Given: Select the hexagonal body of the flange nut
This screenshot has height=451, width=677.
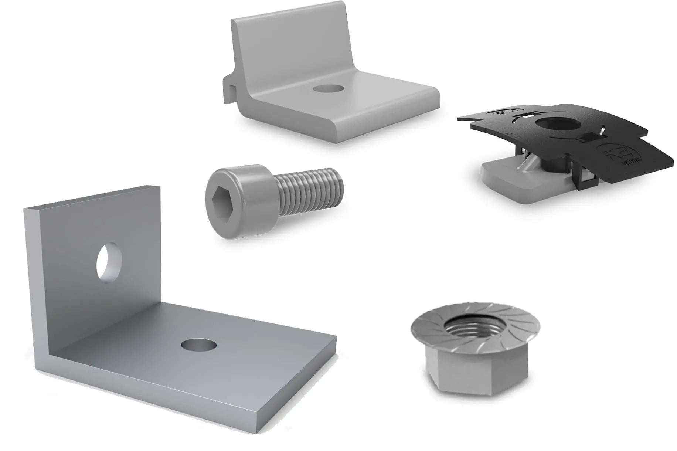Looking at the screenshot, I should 477,370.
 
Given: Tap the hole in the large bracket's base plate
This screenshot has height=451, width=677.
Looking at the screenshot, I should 199,345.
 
